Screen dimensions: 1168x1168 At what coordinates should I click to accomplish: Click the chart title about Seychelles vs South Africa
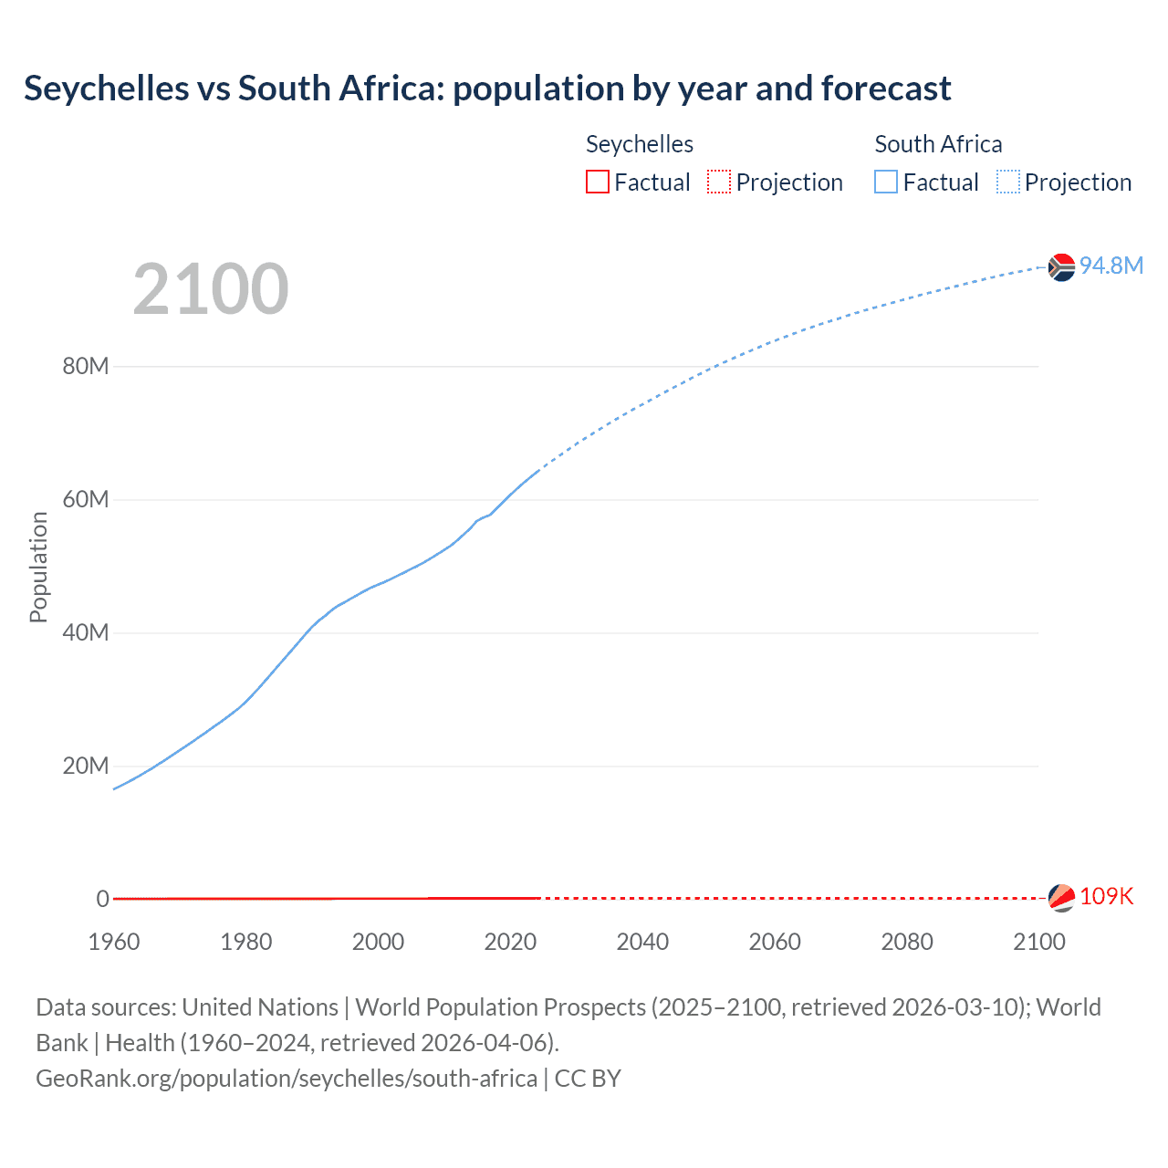tap(487, 89)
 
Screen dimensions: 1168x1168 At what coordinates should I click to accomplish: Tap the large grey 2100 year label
tap(211, 289)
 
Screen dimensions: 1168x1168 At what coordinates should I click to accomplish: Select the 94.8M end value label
tap(1111, 266)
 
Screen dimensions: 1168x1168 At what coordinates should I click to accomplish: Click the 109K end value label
tap(1106, 896)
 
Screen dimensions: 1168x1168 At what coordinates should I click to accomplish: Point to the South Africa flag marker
tap(1061, 267)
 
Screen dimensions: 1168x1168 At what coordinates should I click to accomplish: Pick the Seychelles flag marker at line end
tap(1061, 898)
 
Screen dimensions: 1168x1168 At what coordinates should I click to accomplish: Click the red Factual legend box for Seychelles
tap(598, 182)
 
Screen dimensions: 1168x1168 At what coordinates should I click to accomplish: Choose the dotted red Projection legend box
tap(719, 182)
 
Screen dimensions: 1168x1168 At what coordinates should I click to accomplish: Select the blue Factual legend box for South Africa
tap(886, 182)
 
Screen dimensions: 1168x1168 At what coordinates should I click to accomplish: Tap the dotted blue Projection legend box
tap(1008, 182)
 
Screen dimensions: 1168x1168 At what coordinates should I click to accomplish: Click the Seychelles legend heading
tap(639, 144)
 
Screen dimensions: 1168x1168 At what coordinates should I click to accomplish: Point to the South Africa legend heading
tap(938, 144)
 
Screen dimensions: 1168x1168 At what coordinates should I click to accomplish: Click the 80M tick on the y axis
tap(86, 367)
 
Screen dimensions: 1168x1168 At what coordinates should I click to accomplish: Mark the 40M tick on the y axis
tap(86, 632)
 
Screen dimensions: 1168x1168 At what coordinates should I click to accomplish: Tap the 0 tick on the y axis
tap(102, 899)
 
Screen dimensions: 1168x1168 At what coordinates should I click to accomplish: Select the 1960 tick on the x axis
tap(114, 942)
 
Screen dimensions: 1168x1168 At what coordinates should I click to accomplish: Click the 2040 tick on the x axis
tap(642, 942)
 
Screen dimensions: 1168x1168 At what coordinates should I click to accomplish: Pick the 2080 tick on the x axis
tap(907, 942)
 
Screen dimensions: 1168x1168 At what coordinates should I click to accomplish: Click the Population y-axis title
tap(38, 567)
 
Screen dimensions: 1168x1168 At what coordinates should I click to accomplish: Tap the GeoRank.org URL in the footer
tap(287, 1079)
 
